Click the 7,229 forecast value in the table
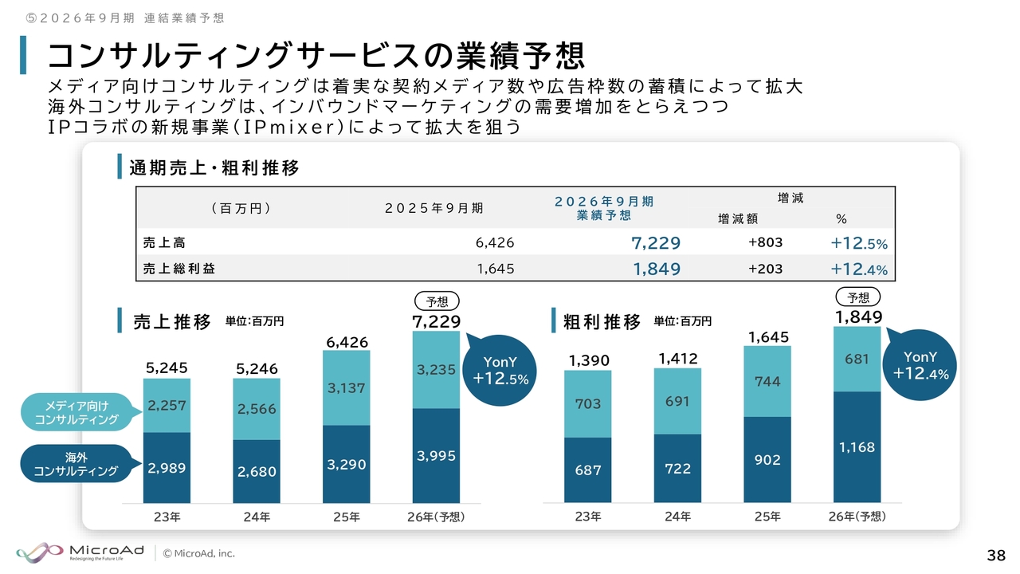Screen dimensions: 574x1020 coord(655,242)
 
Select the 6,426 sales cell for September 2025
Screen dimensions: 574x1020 coord(495,242)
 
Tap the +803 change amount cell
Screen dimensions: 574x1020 coord(765,242)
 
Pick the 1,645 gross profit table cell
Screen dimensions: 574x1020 coord(495,269)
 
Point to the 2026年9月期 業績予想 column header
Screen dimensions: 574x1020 coord(603,208)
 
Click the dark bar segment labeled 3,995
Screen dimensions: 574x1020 coord(436,455)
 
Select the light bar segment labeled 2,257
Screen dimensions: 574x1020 coord(167,405)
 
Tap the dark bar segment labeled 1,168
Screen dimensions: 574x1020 coord(857,446)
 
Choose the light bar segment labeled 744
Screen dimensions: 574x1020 coord(767,382)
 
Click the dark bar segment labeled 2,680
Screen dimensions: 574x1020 coord(257,471)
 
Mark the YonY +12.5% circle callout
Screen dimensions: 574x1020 coord(500,371)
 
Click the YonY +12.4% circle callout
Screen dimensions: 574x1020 coord(920,365)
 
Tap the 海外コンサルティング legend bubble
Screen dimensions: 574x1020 coord(76,464)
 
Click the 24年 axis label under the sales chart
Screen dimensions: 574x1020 coord(257,517)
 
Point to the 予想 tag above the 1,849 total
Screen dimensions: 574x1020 coord(857,297)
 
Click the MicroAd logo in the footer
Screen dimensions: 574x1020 coord(79,552)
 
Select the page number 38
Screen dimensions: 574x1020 coord(995,555)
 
